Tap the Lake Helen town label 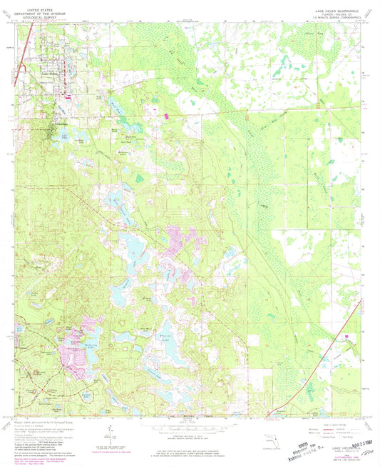pyautogui.click(x=51, y=74)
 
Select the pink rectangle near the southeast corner pyautogui.click(x=347, y=336)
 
